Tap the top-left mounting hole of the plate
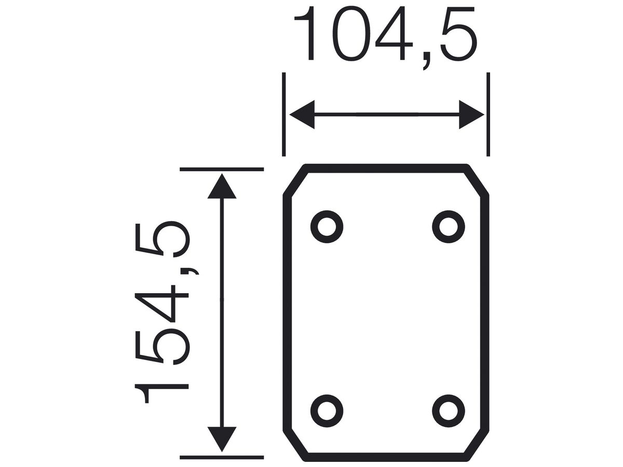(x=327, y=227)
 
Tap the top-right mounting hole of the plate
(x=449, y=227)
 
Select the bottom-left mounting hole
(x=327, y=411)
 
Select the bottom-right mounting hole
(x=449, y=411)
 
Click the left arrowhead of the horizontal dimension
(x=302, y=115)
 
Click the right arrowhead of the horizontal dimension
(x=471, y=115)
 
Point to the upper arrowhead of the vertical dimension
(x=222, y=186)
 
